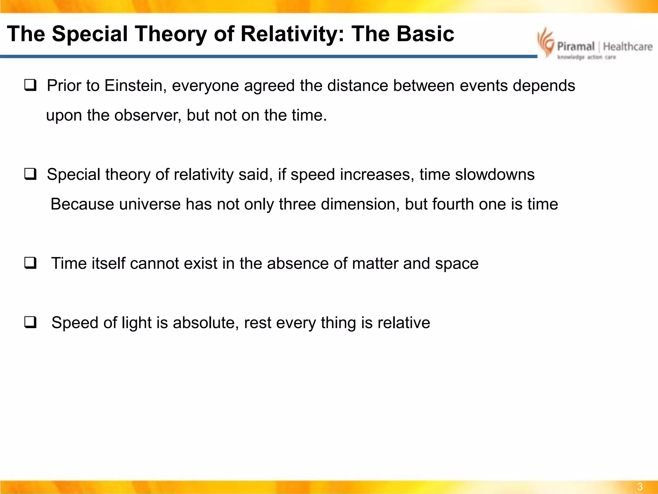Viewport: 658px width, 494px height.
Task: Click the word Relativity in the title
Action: (x=292, y=34)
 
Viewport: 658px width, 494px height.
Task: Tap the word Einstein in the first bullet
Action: (x=135, y=86)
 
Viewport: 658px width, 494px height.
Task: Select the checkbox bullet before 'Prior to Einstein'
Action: (x=30, y=85)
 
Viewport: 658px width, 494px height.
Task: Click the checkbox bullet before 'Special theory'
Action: (x=30, y=174)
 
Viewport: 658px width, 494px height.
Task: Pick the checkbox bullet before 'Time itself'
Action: (x=30, y=263)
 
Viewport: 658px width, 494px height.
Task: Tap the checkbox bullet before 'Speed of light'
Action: (x=30, y=322)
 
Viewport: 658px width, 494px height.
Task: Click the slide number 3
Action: (x=640, y=487)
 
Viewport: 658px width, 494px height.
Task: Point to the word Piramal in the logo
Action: (x=576, y=47)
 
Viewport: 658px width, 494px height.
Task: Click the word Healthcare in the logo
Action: (x=628, y=47)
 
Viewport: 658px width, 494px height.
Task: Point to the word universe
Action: (x=150, y=204)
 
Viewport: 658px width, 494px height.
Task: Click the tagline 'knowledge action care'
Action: (x=586, y=57)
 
